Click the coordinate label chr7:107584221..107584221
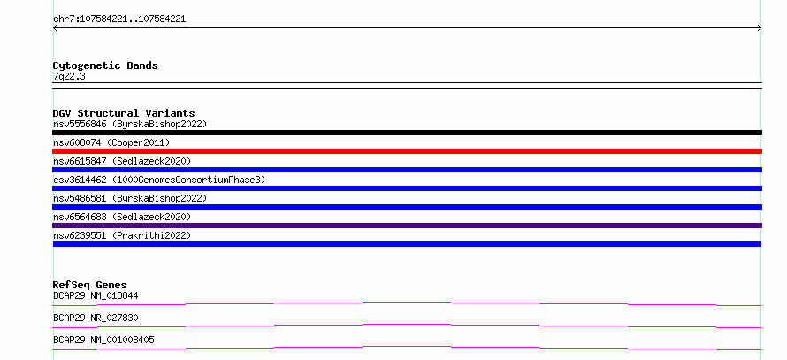(119, 19)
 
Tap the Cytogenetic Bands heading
(105, 65)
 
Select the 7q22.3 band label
(69, 77)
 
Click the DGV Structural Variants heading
(124, 113)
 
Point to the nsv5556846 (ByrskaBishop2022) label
(130, 124)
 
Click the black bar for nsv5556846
(407, 133)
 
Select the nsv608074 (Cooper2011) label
(111, 143)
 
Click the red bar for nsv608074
(407, 151)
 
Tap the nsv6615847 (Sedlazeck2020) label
(122, 161)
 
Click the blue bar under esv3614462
(407, 188)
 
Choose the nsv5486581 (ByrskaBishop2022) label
(130, 198)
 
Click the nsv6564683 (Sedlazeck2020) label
(122, 217)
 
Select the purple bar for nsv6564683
(407, 226)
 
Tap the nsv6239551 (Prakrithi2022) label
(122, 235)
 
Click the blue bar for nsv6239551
(407, 244)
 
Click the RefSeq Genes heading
(90, 285)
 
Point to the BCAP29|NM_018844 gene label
(96, 296)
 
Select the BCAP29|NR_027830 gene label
(96, 318)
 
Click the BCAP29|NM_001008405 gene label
(103, 341)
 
